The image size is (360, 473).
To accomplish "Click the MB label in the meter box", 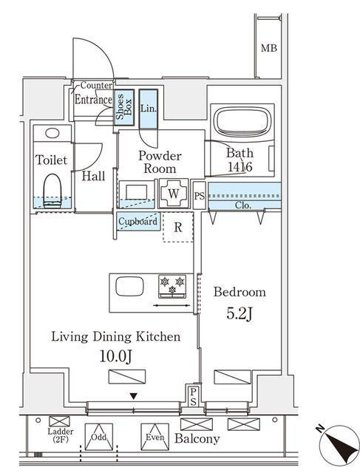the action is [268, 48].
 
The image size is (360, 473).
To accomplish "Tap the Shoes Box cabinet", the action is [124, 108].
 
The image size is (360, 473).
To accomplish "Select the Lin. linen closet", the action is [149, 109].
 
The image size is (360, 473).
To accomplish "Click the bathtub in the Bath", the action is [242, 121].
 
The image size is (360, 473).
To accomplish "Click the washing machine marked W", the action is [174, 194].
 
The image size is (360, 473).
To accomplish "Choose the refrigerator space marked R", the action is [177, 227].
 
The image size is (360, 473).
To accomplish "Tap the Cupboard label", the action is [138, 222].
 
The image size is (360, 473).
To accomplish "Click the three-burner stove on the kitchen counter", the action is [172, 286].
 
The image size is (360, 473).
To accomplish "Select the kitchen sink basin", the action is [129, 286].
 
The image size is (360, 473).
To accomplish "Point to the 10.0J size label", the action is [115, 356].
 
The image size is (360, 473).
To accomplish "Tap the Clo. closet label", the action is [243, 205].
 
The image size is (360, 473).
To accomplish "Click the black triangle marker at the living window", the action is [134, 396].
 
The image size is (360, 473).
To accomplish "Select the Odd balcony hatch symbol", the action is [98, 437].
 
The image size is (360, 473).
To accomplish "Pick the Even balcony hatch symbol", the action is [154, 437].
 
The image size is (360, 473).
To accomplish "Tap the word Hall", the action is [94, 177].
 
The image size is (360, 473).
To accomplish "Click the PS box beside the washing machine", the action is [199, 195].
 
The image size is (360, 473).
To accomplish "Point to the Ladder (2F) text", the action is [61, 435].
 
